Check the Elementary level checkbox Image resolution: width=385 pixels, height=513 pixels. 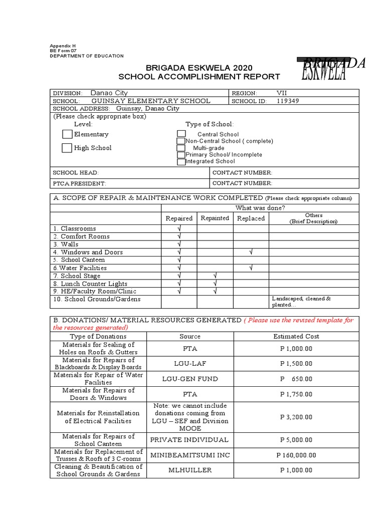pyautogui.click(x=67, y=134)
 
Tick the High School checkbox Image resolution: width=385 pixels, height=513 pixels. pyautogui.click(x=67, y=148)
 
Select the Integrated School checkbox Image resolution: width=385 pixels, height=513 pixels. pyautogui.click(x=181, y=162)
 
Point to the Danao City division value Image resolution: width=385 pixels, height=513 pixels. pyautogui.click(x=109, y=93)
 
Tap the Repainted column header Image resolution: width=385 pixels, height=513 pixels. pyautogui.click(x=215, y=218)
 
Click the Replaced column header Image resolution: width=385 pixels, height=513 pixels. pyautogui.click(x=251, y=218)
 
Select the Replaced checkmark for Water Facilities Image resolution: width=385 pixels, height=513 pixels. pyautogui.click(x=251, y=268)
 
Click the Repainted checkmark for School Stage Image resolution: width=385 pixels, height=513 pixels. pyautogui.click(x=215, y=276)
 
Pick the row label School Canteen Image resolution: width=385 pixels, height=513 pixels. pyautogui.click(x=83, y=260)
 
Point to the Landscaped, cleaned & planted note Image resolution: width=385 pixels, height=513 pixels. pyautogui.click(x=301, y=302)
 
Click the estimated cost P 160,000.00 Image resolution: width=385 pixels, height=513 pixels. pyautogui.click(x=296, y=455)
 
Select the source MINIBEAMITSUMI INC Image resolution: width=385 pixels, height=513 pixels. pyautogui.click(x=189, y=455)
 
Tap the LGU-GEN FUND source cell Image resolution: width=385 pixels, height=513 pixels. pyautogui.click(x=189, y=379)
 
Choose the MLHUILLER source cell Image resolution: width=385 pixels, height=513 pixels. pyautogui.click(x=189, y=470)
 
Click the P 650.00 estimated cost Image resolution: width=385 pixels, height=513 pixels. pyautogui.click(x=296, y=379)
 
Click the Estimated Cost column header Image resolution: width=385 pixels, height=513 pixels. pyautogui.click(x=296, y=336)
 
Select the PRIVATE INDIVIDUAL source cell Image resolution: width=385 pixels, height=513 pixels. pyautogui.click(x=189, y=440)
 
